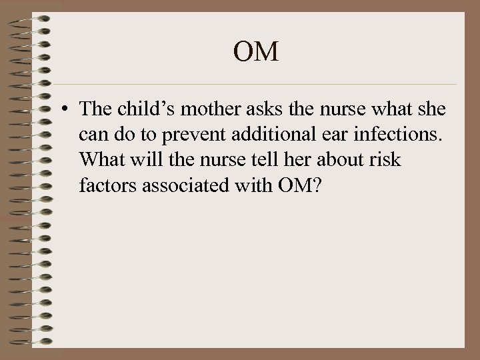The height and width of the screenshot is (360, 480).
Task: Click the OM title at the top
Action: click(x=257, y=52)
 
